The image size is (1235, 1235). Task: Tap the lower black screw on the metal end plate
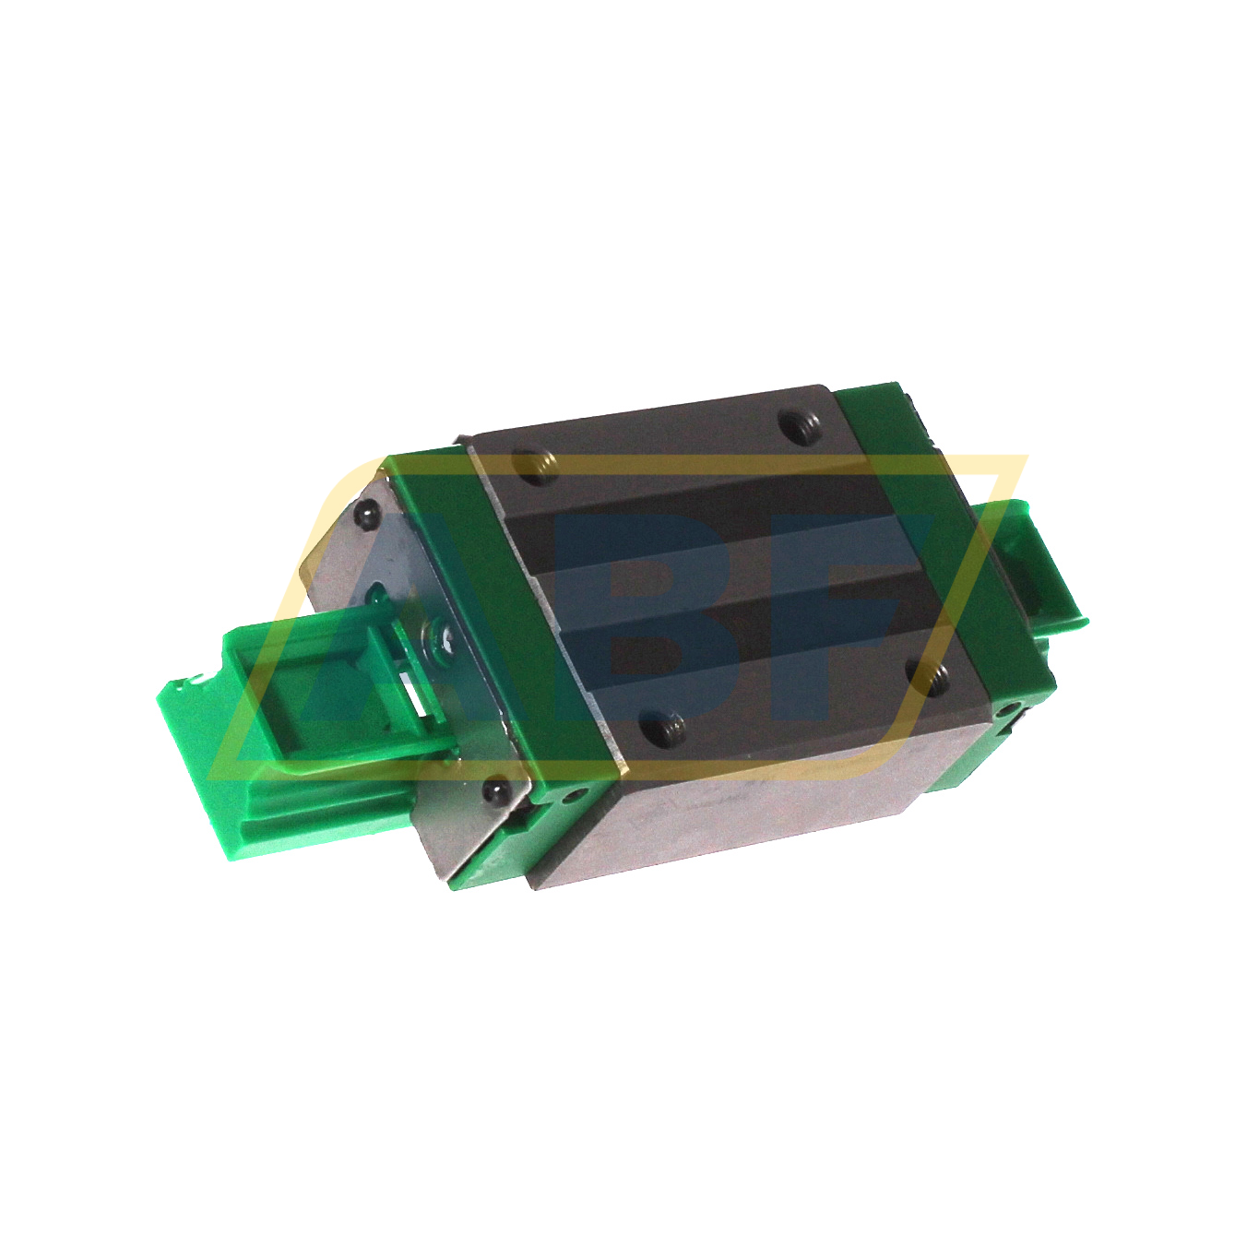(x=496, y=790)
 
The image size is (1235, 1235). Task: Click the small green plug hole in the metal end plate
(x=378, y=590)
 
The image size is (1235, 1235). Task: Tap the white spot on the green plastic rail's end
(x=195, y=682)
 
